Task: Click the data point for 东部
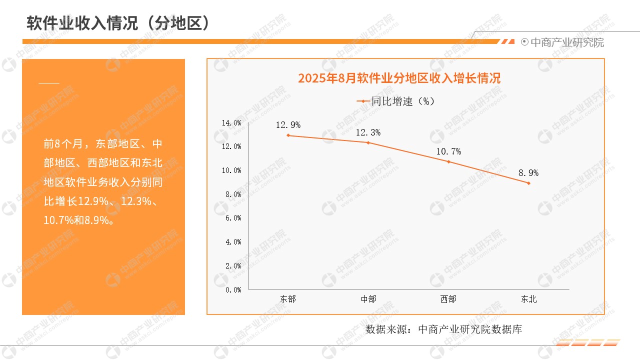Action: [x=288, y=135]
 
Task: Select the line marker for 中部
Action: [x=368, y=142]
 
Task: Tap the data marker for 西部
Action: [x=448, y=161]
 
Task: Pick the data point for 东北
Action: [x=528, y=183]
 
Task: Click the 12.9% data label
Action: [x=288, y=125]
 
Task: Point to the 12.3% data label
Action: [x=368, y=132]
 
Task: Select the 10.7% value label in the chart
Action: [x=448, y=151]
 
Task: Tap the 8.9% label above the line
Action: [x=528, y=173]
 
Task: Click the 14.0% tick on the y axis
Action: [x=231, y=122]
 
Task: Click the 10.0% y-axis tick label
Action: [x=231, y=170]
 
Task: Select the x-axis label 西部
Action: [x=448, y=299]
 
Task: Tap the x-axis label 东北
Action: [x=528, y=299]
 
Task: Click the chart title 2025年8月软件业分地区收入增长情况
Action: [x=399, y=78]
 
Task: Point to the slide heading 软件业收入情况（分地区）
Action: [x=117, y=23]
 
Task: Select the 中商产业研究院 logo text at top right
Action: [x=566, y=42]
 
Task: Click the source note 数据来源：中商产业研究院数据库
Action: [x=444, y=329]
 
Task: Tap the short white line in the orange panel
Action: [x=49, y=83]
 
